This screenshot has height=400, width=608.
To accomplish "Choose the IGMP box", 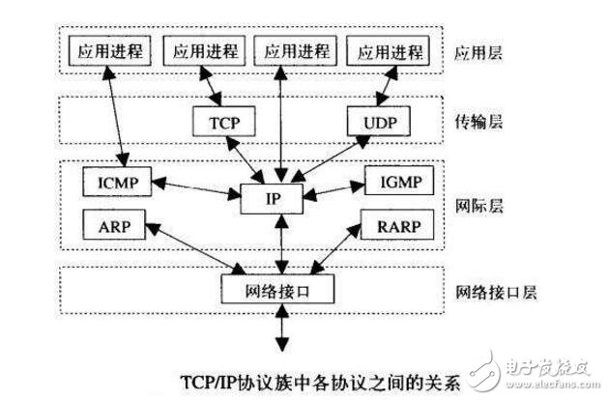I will click(x=398, y=180).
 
